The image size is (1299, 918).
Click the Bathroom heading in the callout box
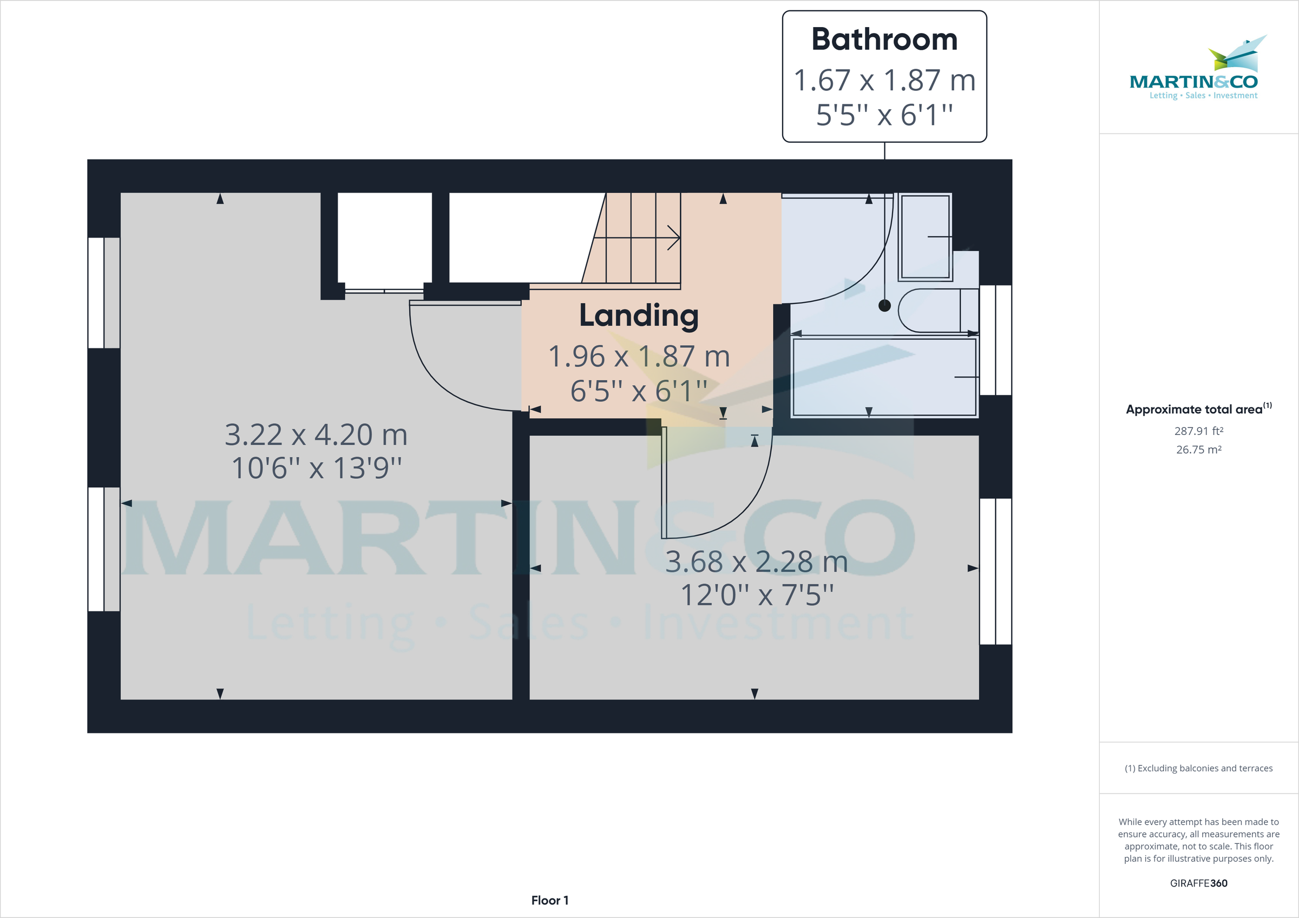click(x=884, y=39)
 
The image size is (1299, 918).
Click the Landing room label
click(x=639, y=315)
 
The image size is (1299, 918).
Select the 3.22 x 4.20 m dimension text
click(x=316, y=434)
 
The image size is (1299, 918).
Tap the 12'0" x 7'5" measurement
click(x=757, y=595)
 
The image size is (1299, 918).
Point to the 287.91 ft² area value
click(x=1198, y=431)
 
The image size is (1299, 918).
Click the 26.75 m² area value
click(x=1198, y=450)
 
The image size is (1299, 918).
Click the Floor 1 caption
click(x=549, y=900)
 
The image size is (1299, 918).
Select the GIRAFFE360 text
click(x=1198, y=883)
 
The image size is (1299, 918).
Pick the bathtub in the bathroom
click(x=884, y=377)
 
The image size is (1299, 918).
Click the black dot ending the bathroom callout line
click(x=884, y=306)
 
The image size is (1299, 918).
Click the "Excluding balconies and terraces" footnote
click(x=1198, y=768)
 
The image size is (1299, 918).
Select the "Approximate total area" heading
click(x=1194, y=410)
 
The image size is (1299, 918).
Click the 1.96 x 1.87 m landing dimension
click(x=639, y=356)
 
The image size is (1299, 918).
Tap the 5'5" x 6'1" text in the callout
click(x=884, y=115)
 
